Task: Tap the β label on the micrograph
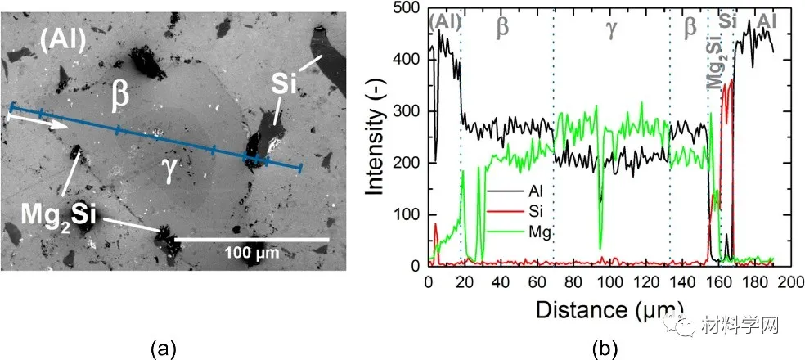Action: pos(120,96)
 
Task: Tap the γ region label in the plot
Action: pos(610,26)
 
